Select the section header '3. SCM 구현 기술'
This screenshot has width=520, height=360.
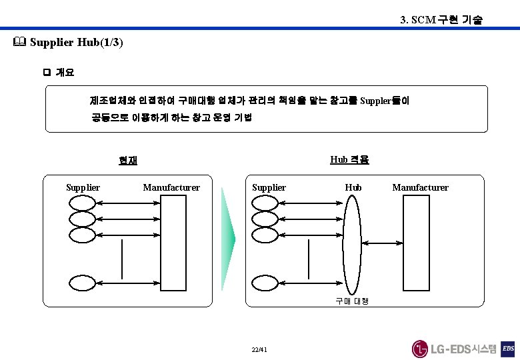pos(441,20)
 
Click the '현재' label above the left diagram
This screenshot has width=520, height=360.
pos(128,160)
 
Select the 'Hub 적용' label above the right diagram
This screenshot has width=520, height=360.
pos(349,160)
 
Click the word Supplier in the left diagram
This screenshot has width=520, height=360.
pos(83,187)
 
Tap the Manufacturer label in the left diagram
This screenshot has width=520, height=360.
pos(171,187)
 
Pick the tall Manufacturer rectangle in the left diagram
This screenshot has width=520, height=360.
pos(173,243)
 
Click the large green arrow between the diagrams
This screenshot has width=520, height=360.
pos(229,239)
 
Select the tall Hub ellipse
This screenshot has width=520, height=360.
pos(353,244)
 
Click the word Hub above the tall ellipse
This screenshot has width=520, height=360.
pos(353,187)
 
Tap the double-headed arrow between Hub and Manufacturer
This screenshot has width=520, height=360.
pos(383,244)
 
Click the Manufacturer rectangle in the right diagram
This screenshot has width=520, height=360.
pos(416,243)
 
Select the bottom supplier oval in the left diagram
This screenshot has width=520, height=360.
pos(83,283)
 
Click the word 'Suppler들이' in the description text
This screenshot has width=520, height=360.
pos(385,101)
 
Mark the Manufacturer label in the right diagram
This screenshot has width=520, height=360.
pos(420,187)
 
